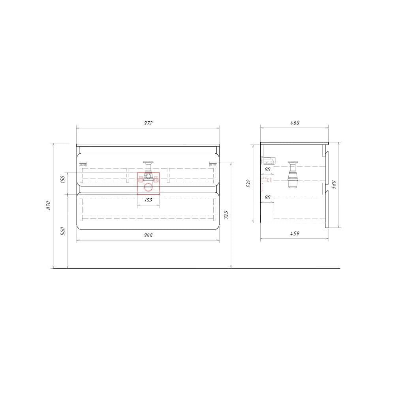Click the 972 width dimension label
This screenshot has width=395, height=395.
click(148, 123)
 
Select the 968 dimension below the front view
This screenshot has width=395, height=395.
click(148, 235)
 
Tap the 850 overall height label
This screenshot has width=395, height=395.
click(49, 205)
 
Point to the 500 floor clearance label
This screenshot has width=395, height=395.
click(63, 231)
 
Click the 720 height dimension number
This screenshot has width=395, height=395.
click(226, 215)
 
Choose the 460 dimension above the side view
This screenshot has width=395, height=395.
click(295, 123)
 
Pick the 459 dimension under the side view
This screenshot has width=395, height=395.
click(295, 233)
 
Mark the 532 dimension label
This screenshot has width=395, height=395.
click(248, 183)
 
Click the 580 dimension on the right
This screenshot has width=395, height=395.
click(334, 184)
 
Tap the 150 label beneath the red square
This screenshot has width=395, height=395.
click(148, 200)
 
